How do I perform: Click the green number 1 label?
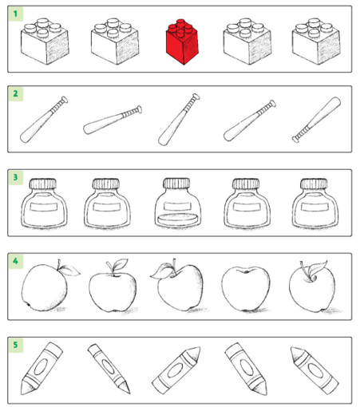pyautogui.click(x=15, y=14)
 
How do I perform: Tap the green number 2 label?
pyautogui.click(x=15, y=93)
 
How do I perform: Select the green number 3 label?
pyautogui.click(x=15, y=177)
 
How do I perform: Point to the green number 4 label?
pyautogui.click(x=15, y=261)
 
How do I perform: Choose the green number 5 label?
pyautogui.click(x=15, y=345)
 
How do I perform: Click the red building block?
pyautogui.click(x=182, y=42)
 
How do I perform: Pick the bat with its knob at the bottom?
pyautogui.click(x=316, y=120)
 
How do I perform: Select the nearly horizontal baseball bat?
pyautogui.click(x=113, y=120)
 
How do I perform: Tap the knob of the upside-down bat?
pyautogui.click(x=295, y=139)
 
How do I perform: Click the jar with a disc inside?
pyautogui.click(x=178, y=203)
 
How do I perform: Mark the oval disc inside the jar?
pyautogui.click(x=178, y=219)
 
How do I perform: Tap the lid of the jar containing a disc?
pyautogui.click(x=176, y=183)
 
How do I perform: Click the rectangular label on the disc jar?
pyautogui.click(x=177, y=207)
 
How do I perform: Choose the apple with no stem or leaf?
pyautogui.click(x=246, y=289)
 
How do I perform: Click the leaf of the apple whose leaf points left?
pyautogui.click(x=162, y=271)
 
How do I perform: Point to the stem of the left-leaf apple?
pyautogui.click(x=174, y=266)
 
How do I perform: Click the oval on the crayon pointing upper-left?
pyautogui.click(x=315, y=370)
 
